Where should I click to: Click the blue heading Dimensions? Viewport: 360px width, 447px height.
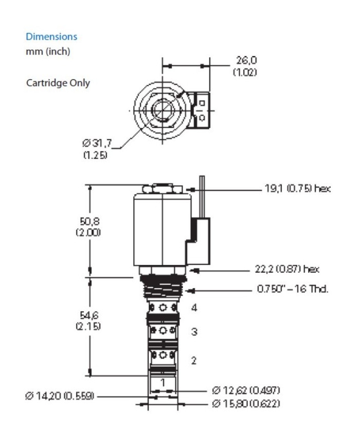[51, 37]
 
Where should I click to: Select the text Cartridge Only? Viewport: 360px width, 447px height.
[58, 83]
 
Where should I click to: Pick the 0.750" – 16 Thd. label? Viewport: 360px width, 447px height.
[293, 289]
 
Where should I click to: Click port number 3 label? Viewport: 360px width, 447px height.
[194, 332]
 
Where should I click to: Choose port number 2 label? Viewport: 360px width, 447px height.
[194, 361]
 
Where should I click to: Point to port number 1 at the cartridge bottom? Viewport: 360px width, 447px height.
[163, 382]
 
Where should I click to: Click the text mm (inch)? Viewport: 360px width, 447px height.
[48, 52]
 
